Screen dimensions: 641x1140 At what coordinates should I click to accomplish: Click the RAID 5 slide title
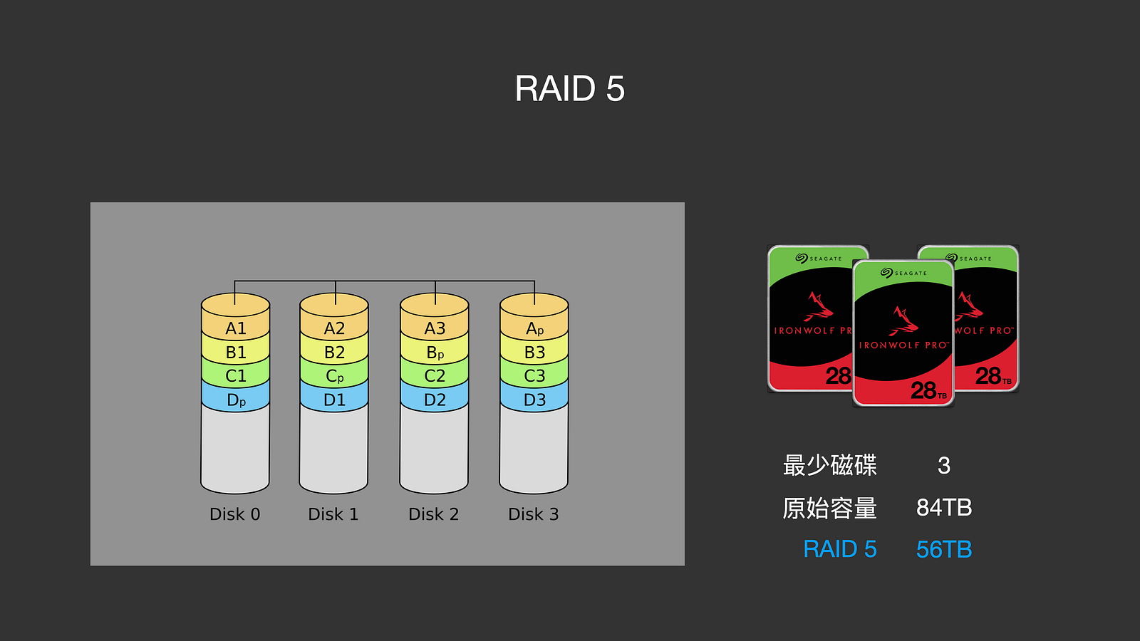[569, 89]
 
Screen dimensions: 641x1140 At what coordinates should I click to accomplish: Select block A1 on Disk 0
[236, 328]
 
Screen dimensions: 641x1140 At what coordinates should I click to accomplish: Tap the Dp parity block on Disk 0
[236, 400]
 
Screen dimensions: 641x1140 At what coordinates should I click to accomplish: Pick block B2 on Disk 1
[334, 353]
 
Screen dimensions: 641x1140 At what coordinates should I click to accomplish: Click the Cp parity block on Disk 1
[334, 376]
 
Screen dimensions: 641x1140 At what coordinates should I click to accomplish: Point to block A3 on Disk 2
[435, 328]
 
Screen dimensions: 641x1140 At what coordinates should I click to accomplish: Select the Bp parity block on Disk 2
[435, 353]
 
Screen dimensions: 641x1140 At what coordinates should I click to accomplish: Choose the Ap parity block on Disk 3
[534, 328]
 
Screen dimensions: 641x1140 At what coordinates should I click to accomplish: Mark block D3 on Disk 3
[534, 400]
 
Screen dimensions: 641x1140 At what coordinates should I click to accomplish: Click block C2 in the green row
[435, 376]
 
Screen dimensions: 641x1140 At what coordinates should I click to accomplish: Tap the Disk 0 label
[235, 514]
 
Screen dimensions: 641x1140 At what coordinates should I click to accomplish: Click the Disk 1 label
[333, 514]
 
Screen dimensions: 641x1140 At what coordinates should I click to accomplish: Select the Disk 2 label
[434, 514]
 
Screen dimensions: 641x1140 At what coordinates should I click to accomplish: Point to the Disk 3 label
[534, 514]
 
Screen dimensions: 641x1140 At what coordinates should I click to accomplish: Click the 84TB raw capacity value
[944, 508]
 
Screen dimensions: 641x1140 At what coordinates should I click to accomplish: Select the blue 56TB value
[944, 550]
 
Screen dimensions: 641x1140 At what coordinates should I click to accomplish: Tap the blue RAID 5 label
[839, 550]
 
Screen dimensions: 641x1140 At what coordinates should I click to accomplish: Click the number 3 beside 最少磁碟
[944, 466]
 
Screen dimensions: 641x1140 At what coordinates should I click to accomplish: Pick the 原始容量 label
[829, 508]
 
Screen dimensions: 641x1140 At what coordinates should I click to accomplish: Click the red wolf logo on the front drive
[903, 321]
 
